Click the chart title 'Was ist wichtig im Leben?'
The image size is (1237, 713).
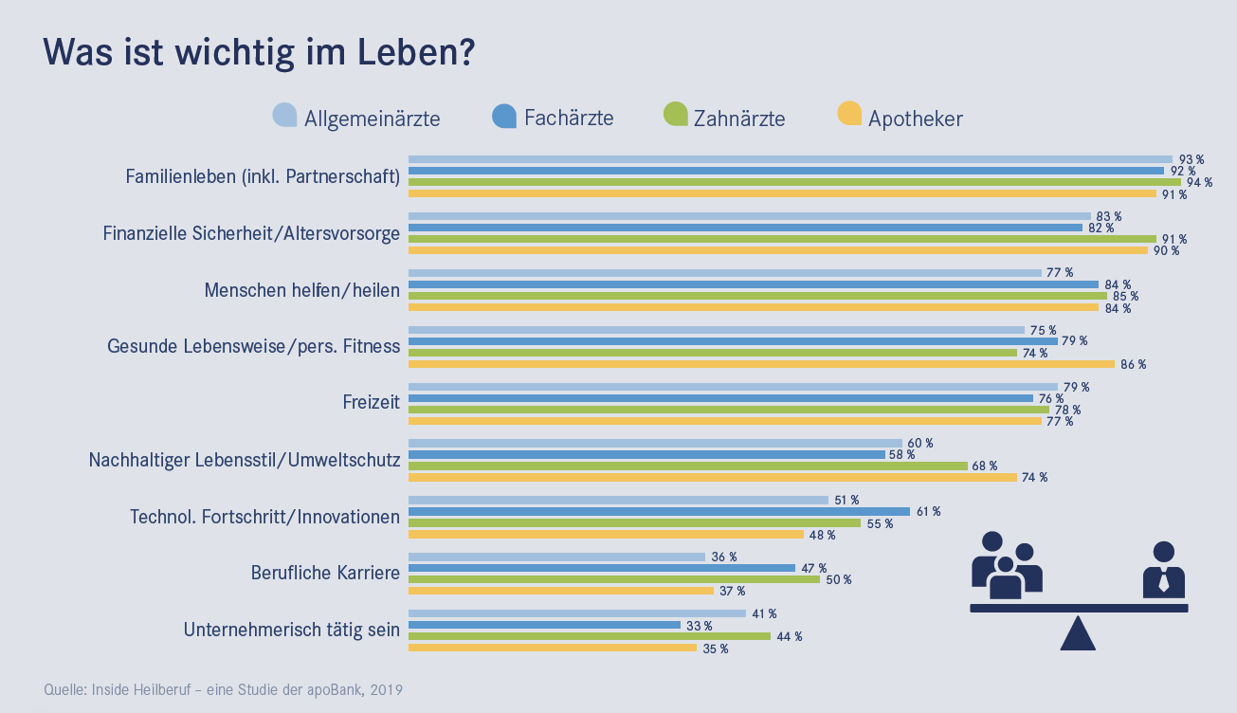point(259,53)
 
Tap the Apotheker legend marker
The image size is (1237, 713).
point(849,114)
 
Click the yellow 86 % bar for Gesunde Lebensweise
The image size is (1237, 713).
point(761,364)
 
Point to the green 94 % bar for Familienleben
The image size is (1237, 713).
point(794,182)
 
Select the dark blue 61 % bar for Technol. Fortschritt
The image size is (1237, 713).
point(659,512)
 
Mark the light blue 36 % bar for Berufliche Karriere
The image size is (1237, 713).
point(556,557)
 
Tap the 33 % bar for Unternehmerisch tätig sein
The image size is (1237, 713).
point(544,625)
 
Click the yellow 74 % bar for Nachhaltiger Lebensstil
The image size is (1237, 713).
point(712,478)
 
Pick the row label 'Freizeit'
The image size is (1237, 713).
point(371,403)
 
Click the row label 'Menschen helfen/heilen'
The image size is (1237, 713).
point(302,290)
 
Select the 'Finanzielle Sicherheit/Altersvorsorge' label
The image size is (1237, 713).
point(251,233)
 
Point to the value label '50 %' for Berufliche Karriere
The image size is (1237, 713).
point(839,580)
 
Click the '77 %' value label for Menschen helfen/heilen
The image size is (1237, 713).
point(1061,273)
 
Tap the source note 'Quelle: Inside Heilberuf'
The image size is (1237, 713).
point(224,689)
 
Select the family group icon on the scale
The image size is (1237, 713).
point(1006,566)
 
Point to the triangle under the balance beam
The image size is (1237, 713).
point(1078,635)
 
